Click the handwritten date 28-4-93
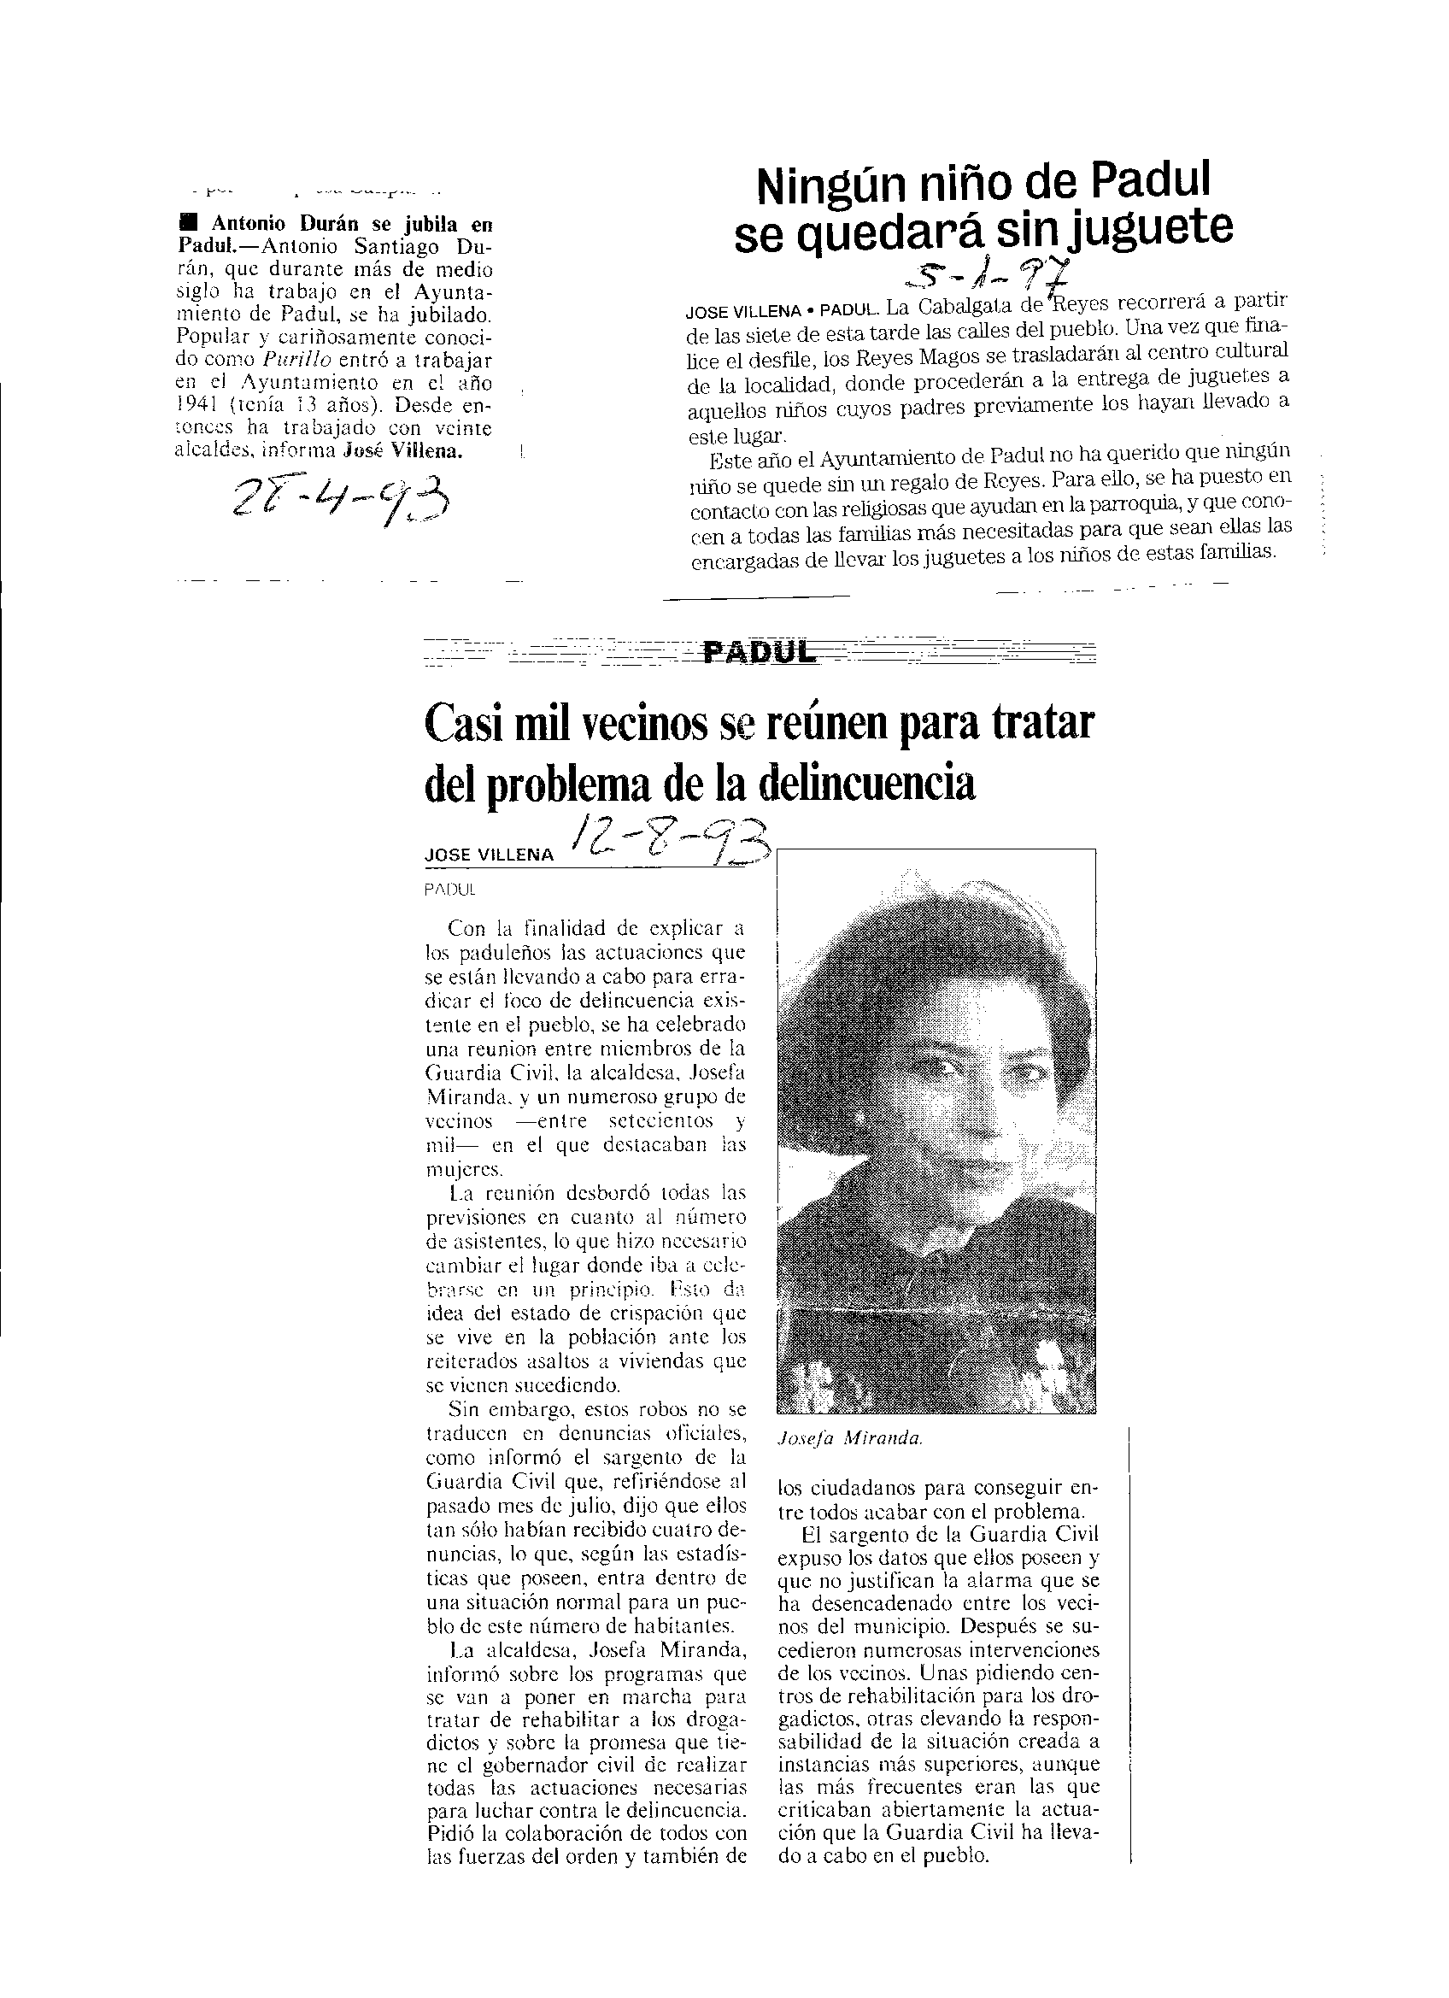(338, 508)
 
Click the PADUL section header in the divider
(757, 652)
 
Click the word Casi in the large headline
(465, 724)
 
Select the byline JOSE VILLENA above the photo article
(489, 855)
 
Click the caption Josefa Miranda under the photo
(851, 1438)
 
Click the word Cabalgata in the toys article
(961, 308)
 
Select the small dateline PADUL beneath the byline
(449, 890)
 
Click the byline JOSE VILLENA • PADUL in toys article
(783, 312)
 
